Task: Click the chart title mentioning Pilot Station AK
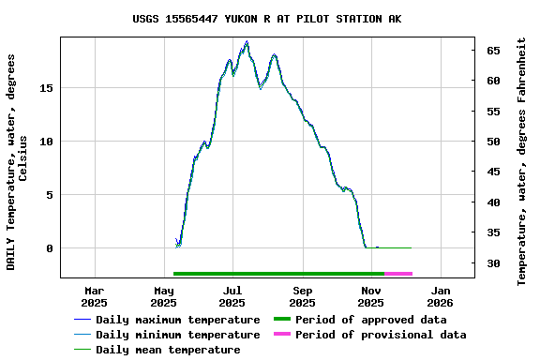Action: [x=267, y=19]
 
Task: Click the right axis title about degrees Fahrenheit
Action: [x=522, y=161]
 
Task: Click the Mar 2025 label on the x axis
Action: [x=94, y=296]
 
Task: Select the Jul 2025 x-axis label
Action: [x=232, y=296]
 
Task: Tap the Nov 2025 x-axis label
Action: [x=371, y=296]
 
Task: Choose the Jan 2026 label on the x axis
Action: [x=441, y=296]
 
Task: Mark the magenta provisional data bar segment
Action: [x=398, y=274]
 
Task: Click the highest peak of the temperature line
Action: [x=247, y=42]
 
